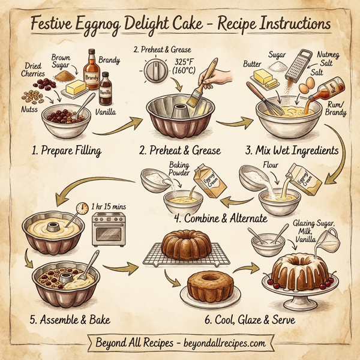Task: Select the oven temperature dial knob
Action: point(155,74)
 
